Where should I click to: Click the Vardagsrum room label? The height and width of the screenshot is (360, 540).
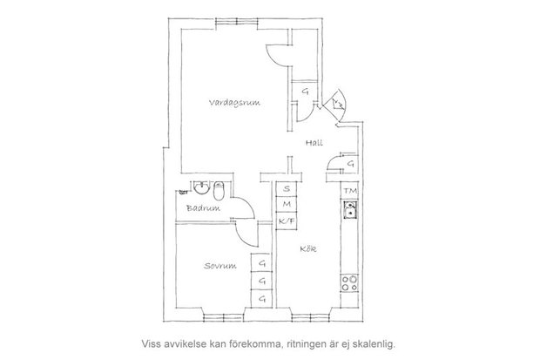click(234, 103)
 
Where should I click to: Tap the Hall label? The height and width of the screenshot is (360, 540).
click(314, 142)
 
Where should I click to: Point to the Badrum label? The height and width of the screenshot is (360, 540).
click(203, 208)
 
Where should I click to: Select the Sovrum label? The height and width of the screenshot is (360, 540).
click(220, 266)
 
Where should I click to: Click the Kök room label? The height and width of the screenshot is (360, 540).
click(308, 248)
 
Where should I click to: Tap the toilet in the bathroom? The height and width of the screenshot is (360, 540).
click(219, 191)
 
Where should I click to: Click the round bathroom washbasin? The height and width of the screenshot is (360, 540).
click(201, 187)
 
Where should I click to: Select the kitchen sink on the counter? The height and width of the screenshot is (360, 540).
click(350, 210)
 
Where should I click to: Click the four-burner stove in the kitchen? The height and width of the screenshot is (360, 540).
click(349, 282)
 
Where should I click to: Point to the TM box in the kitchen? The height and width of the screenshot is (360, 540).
click(349, 191)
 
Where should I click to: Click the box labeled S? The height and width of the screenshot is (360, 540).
click(287, 189)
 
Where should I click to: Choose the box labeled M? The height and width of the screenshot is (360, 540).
click(287, 204)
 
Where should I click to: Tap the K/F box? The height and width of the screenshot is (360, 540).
click(287, 221)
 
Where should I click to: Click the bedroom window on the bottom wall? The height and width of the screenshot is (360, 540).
click(224, 317)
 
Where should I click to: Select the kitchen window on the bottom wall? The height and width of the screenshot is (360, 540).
click(310, 317)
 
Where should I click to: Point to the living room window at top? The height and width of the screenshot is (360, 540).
click(237, 22)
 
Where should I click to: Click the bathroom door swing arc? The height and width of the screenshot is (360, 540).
click(246, 204)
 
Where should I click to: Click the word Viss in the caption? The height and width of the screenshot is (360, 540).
click(150, 343)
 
